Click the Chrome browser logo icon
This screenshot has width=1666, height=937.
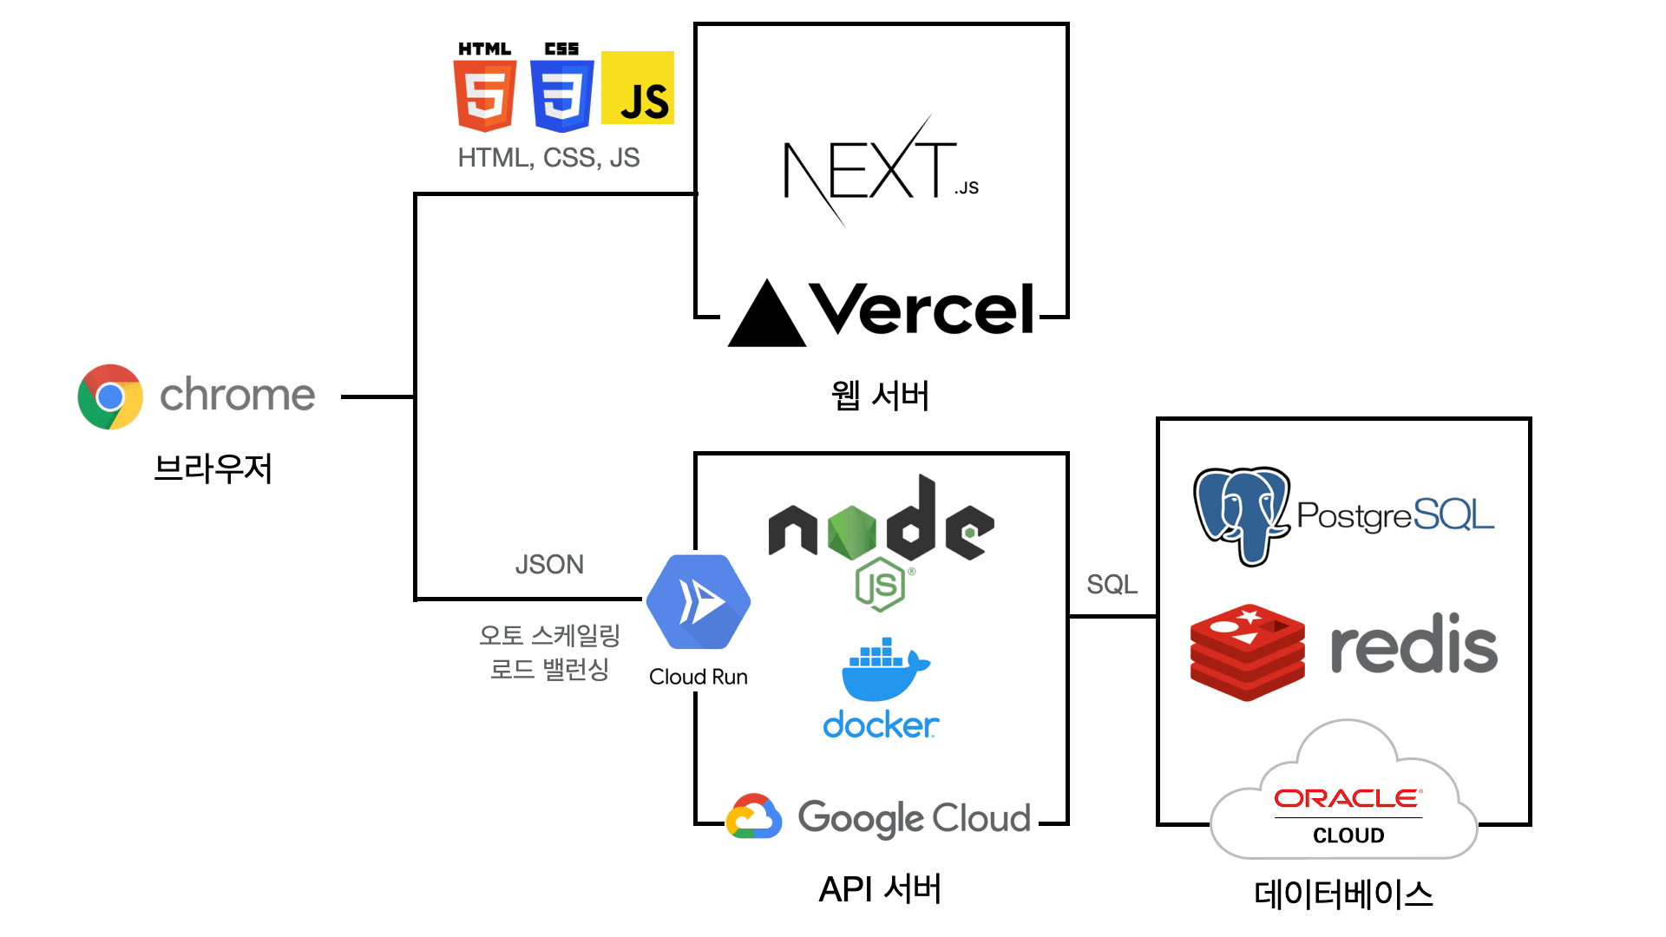click(110, 396)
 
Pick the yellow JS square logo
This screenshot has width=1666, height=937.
click(638, 88)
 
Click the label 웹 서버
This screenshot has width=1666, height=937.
click(880, 396)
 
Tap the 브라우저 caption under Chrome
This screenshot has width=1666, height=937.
click(213, 468)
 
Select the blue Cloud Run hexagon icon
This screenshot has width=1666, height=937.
click(699, 602)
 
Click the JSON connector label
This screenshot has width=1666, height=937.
click(549, 565)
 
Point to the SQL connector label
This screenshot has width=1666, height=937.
click(1112, 585)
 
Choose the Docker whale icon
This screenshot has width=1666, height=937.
click(883, 669)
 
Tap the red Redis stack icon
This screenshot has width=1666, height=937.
click(1247, 652)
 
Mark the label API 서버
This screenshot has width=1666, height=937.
click(880, 889)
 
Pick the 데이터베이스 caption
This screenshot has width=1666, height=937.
click(1343, 894)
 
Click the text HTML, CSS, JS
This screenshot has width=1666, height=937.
click(548, 158)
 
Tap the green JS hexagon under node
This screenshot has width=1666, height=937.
click(881, 585)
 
